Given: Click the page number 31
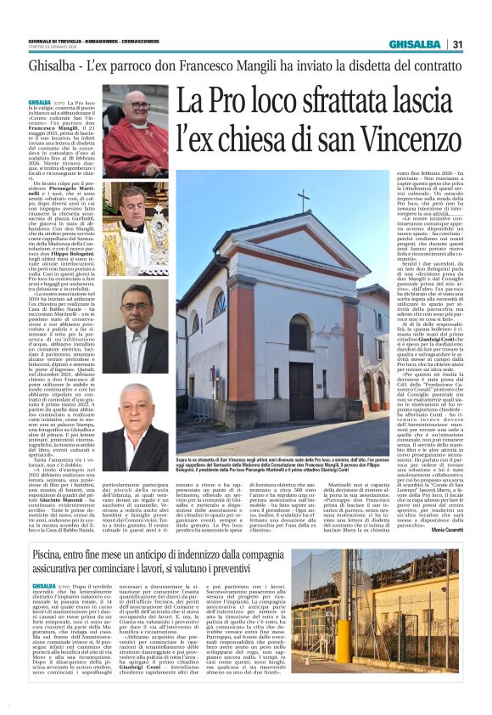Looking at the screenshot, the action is (457, 44).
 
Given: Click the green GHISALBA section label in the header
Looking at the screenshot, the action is (413, 44).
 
